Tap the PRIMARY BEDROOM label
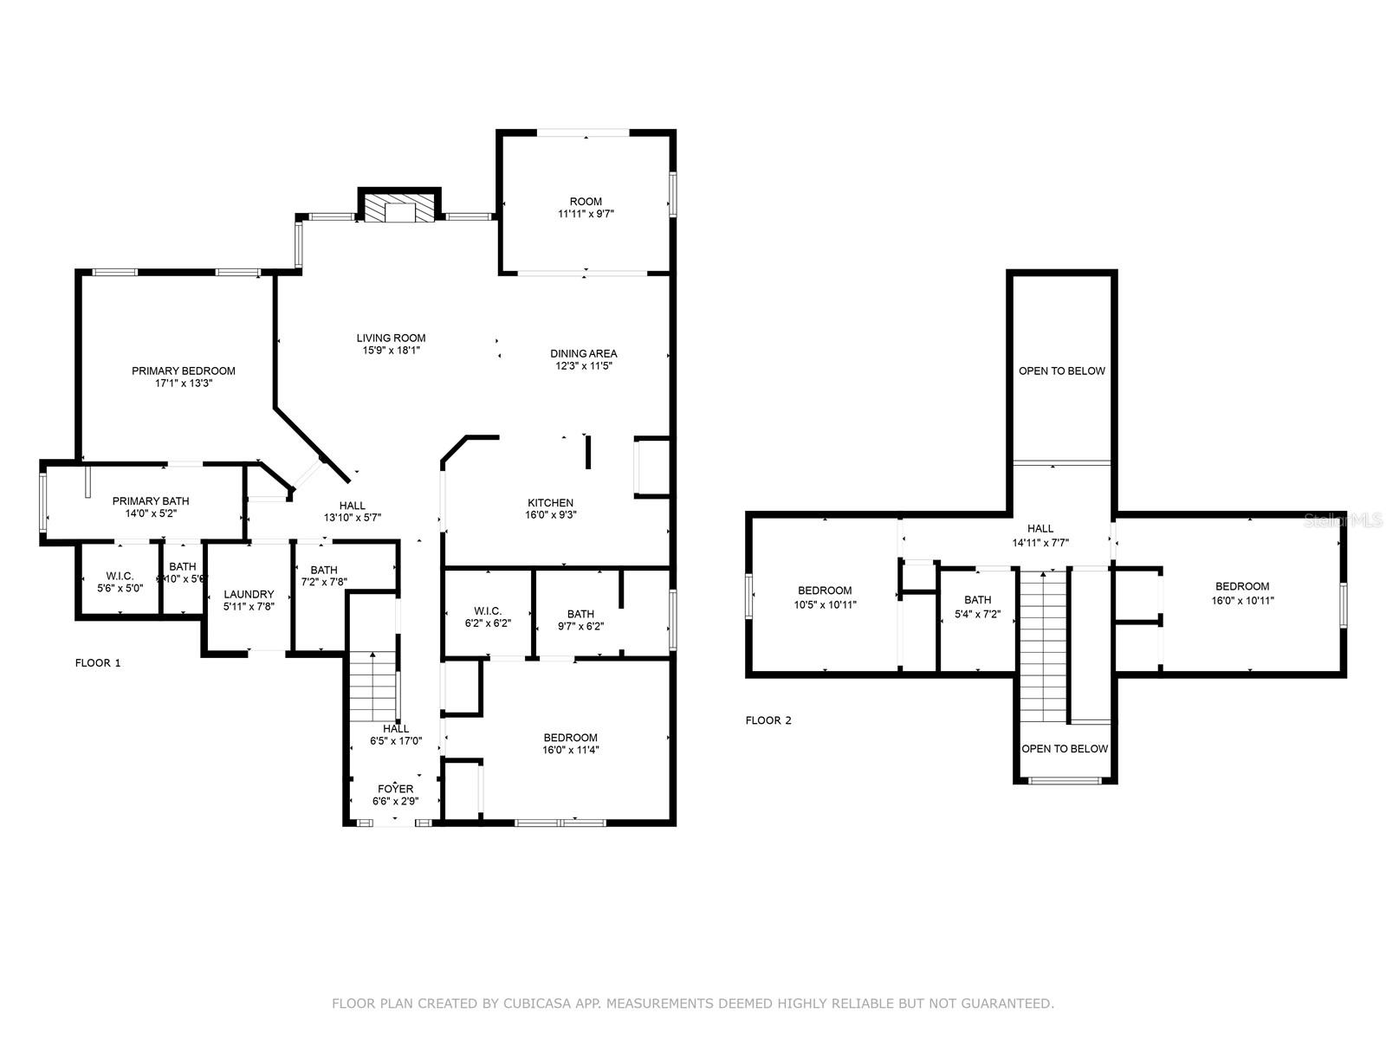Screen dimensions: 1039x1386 [184, 371]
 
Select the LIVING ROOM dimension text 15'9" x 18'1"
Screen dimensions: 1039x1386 [392, 351]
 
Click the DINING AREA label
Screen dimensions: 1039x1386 [584, 353]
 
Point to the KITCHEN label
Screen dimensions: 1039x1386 [551, 502]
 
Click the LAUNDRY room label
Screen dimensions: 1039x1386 [249, 594]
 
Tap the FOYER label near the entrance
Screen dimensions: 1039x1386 [395, 789]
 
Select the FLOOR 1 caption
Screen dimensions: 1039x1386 [98, 663]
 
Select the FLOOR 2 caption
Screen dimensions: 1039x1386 [768, 720]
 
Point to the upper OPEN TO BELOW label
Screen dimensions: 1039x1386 [1062, 371]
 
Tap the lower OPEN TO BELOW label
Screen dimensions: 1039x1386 [1065, 749]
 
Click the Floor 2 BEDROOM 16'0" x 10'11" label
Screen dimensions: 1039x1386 [1242, 586]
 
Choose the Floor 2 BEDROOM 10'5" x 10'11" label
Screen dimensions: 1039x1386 [825, 590]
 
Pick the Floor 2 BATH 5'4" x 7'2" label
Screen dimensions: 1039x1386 [977, 599]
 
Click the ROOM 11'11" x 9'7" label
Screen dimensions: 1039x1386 [586, 201]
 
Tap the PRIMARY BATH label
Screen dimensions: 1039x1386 [151, 500]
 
